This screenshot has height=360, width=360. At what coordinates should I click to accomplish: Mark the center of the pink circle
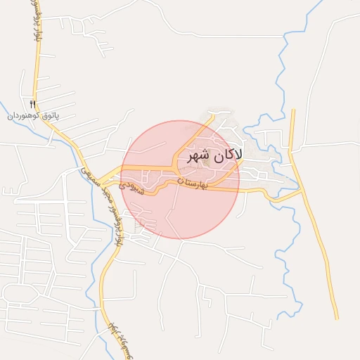tap(180, 179)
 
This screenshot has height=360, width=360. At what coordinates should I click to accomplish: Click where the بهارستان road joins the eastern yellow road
tap(302, 190)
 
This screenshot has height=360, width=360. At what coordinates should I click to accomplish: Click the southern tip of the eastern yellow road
tap(337, 318)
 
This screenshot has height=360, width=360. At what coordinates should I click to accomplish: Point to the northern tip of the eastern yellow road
tap(292, 110)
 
